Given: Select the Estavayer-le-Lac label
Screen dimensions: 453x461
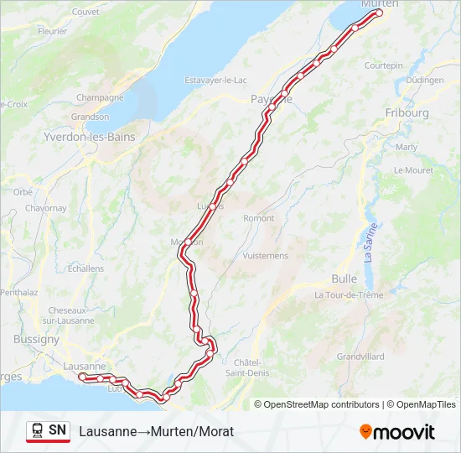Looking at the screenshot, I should point(215,81).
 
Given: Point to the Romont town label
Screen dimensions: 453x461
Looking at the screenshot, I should point(258,218).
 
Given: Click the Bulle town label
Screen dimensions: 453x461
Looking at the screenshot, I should point(344,279).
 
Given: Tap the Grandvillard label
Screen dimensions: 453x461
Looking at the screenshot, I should point(360,357).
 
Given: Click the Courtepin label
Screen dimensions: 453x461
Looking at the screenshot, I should point(384,65).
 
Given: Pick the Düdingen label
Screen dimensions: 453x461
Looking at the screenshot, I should point(424,80).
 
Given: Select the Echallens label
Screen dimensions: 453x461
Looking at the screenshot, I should point(85,268).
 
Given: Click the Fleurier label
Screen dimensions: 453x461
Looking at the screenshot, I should point(52,31).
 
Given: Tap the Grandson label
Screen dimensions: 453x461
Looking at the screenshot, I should point(91,117).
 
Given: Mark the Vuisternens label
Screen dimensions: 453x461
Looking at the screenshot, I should point(265,255).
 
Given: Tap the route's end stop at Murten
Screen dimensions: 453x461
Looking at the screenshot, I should point(379,13).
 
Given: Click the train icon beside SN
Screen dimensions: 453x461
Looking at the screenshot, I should point(38,430).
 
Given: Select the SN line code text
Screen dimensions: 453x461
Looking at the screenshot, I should point(57,430).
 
